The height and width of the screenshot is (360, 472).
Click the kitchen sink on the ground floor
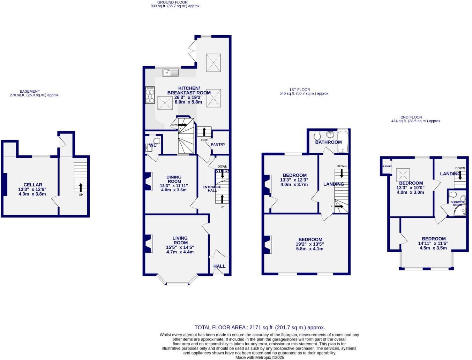170,72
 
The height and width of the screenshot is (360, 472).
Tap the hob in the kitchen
150,95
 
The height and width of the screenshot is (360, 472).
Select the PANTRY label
218,144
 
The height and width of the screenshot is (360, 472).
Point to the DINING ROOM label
174,179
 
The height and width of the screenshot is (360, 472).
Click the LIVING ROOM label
180,240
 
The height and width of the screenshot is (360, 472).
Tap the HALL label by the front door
219,266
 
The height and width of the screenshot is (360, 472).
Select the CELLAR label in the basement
33,185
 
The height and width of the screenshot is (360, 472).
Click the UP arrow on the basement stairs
81,187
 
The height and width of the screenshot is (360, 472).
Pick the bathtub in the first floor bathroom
343,142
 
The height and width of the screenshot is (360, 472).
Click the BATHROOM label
328,142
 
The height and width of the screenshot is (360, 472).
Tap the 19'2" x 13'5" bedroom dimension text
310,244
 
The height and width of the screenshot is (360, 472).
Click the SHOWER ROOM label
457,204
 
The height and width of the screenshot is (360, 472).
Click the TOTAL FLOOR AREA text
260,328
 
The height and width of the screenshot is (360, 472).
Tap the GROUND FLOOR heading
172,2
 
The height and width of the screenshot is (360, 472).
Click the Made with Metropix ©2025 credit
260,357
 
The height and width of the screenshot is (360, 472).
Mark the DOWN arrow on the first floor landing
342,173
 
